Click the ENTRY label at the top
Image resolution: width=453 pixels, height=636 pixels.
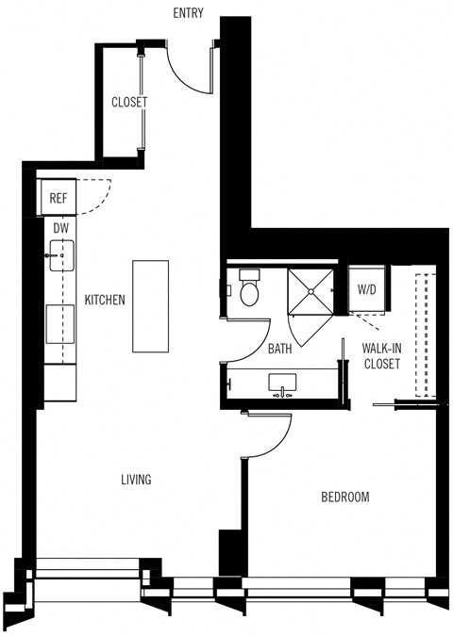tap(189, 12)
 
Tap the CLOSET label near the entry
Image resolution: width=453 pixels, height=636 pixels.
tap(128, 103)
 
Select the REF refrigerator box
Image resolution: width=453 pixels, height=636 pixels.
tap(59, 198)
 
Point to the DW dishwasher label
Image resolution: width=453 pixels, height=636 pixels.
tap(60, 227)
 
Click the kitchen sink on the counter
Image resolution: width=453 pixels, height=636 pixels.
tap(62, 255)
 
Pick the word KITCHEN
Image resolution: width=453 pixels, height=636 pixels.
tap(106, 300)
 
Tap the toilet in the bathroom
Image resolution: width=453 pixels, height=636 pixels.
tap(249, 287)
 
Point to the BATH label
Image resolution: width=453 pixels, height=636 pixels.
tap(279, 349)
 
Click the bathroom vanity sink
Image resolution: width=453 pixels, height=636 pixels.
tap(280, 384)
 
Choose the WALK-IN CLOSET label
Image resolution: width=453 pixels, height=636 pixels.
tap(382, 355)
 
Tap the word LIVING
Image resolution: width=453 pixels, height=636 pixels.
tap(136, 480)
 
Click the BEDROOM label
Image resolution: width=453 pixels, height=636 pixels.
tap(344, 497)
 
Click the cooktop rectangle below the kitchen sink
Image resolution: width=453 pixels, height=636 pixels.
tap(61, 326)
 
